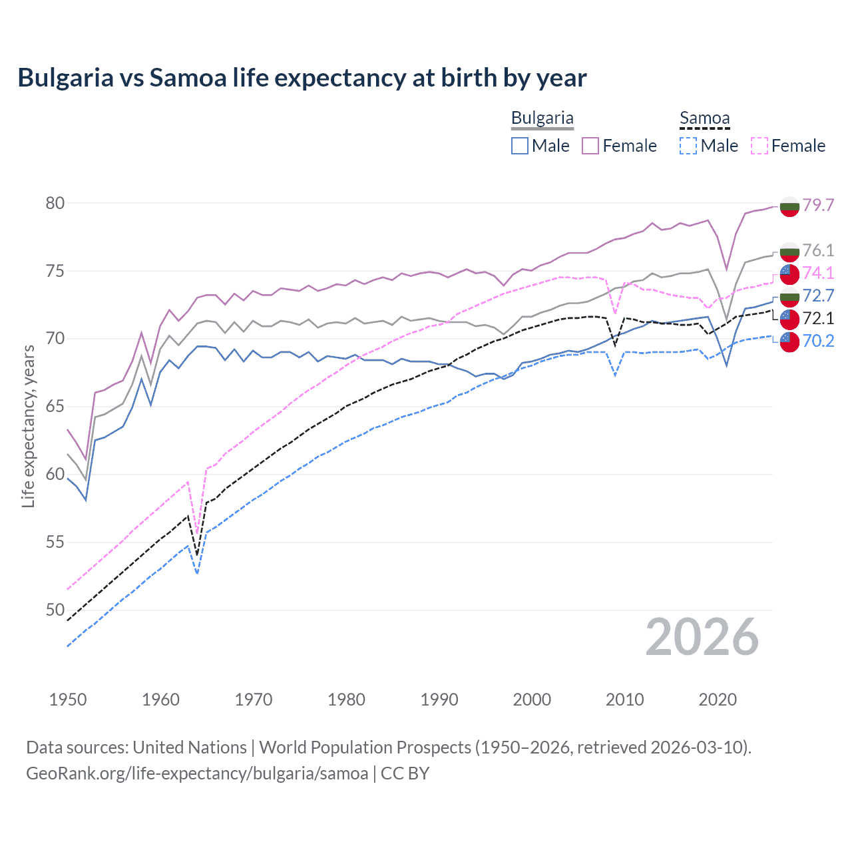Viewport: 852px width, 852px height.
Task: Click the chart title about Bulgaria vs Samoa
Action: coord(302,78)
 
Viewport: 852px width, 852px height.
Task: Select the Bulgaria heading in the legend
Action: coord(542,118)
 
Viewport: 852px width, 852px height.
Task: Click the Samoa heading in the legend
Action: coord(704,118)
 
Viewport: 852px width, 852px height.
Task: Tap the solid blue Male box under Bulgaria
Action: coord(520,146)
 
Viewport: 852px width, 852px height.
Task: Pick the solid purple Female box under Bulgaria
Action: coord(590,146)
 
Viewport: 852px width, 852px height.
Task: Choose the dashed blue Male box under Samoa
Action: coord(688,146)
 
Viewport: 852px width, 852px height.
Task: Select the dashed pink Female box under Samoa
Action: coord(759,146)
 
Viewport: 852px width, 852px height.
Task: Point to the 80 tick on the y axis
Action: coord(55,203)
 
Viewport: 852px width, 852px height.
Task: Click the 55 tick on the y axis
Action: coord(55,542)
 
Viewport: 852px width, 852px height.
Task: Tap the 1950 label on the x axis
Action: coord(68,700)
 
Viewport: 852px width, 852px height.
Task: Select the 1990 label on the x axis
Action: coord(439,700)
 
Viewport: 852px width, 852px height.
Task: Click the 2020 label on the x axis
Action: coord(718,700)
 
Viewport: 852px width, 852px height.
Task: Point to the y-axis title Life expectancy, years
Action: coord(28,426)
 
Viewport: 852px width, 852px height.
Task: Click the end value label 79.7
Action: coord(818,205)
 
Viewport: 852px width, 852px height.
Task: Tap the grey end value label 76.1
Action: coord(818,250)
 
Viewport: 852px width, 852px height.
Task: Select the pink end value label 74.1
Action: coord(818,273)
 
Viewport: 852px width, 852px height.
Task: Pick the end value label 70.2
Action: coord(818,341)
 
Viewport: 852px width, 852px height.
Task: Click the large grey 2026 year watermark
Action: coord(702,637)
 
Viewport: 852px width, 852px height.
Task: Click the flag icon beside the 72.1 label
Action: coord(789,319)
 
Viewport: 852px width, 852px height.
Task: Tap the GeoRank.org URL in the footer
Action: coord(197,773)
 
